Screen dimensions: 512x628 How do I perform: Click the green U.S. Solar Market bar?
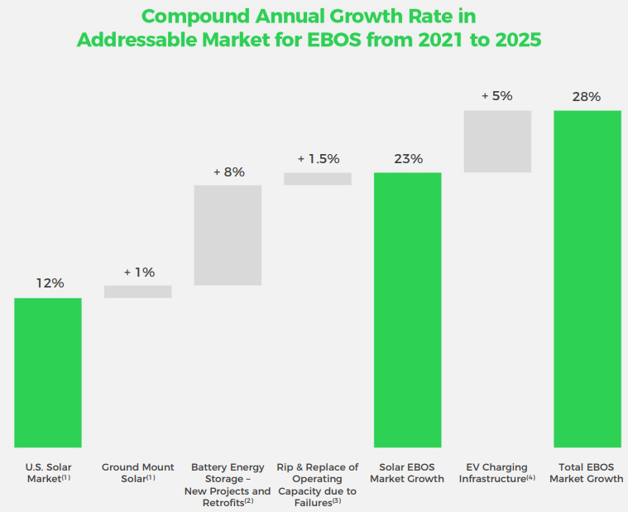click(48, 372)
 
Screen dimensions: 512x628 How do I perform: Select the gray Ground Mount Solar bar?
click(138, 292)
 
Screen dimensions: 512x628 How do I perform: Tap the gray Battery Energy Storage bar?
click(228, 235)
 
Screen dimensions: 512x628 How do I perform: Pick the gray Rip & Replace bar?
click(318, 179)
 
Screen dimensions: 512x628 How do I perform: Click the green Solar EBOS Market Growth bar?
click(407, 309)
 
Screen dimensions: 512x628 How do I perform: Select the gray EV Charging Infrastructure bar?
click(497, 141)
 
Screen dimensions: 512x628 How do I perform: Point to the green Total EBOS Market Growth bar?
click(587, 278)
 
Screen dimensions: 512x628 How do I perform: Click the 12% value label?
click(49, 283)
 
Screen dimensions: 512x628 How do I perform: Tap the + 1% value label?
click(139, 272)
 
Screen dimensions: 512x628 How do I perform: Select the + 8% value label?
click(228, 171)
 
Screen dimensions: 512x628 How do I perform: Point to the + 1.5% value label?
click(319, 158)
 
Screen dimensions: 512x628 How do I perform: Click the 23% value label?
click(408, 158)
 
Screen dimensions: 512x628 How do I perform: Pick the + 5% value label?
click(497, 96)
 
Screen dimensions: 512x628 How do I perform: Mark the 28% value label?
click(587, 96)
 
